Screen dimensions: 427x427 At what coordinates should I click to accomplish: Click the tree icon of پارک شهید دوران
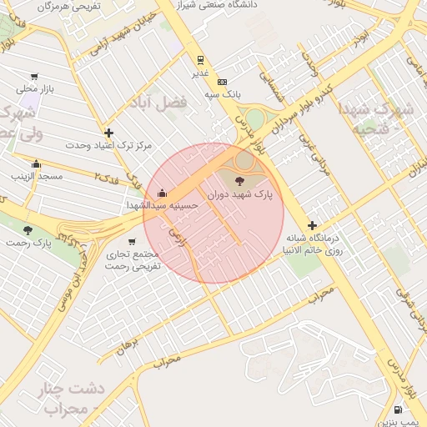coord(240,179)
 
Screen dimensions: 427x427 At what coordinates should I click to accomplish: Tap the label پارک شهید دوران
coord(240,193)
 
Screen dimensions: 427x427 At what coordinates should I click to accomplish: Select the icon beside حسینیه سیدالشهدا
coord(162,193)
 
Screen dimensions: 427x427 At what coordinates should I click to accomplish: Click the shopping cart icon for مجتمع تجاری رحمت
coord(133,242)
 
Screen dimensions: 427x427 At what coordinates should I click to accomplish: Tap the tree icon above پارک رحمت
coord(28,229)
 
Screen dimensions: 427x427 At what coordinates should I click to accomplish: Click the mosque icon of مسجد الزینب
coord(36,163)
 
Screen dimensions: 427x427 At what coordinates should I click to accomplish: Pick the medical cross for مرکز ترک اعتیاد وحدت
coord(108,133)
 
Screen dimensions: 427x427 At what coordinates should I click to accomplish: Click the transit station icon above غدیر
coord(200,60)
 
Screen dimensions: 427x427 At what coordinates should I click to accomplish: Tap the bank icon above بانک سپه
coord(222,82)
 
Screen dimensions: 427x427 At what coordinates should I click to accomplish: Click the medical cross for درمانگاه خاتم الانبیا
coord(312,225)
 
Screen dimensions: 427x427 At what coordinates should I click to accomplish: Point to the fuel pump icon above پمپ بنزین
coord(397,409)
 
